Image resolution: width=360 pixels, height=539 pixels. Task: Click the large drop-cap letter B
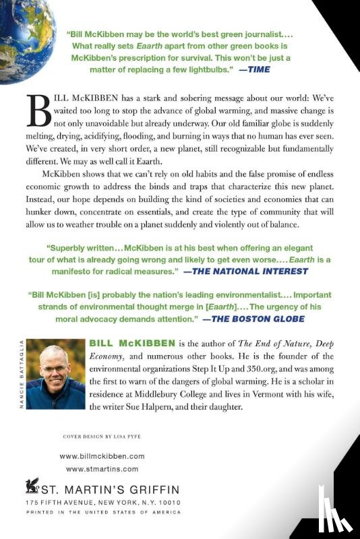tap(39, 110)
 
